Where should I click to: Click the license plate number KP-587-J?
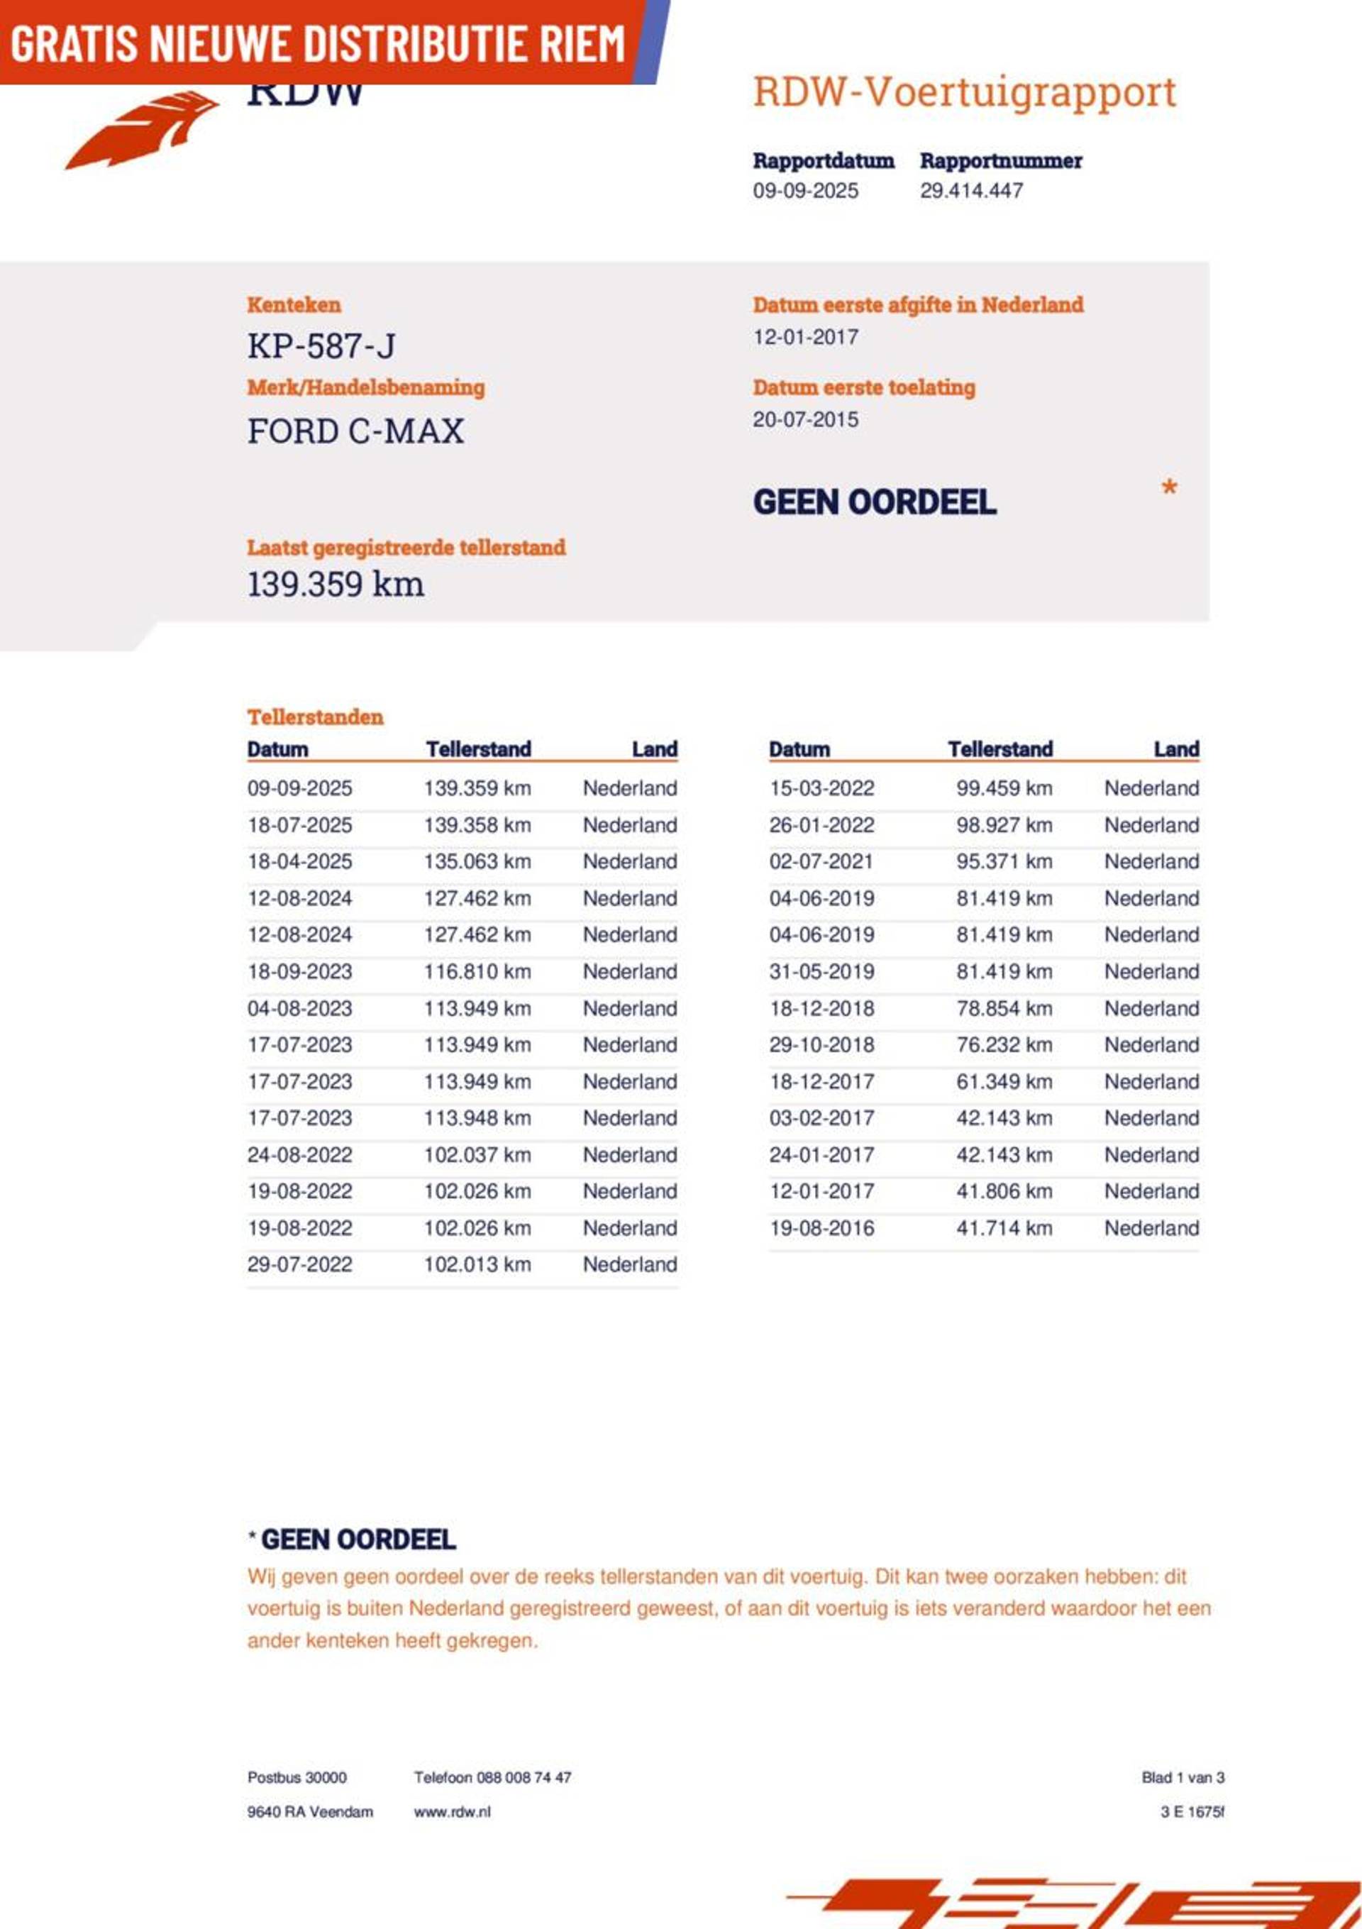[321, 346]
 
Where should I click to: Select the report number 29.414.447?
[970, 191]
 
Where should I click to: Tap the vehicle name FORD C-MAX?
[355, 432]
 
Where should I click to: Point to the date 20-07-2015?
[805, 420]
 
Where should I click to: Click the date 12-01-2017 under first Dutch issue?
[805, 338]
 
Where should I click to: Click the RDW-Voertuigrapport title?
[964, 92]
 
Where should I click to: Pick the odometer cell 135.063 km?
[477, 862]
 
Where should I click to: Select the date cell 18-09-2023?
[299, 972]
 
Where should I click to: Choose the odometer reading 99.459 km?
[1003, 789]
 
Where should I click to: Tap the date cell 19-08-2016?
[821, 1228]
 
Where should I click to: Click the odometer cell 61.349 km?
[1003, 1082]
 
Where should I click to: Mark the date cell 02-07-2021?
[821, 862]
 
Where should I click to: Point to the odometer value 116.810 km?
[477, 972]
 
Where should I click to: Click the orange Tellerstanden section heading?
[315, 717]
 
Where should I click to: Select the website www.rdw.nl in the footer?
[452, 1812]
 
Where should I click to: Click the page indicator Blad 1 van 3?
[1183, 1778]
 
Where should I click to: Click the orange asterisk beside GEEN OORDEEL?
[1169, 488]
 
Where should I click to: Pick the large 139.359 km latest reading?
[336, 585]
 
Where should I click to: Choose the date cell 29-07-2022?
[299, 1265]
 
